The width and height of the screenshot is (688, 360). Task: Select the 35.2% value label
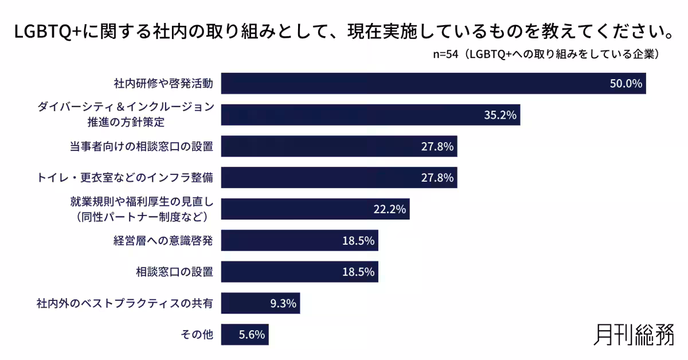pyautogui.click(x=501, y=115)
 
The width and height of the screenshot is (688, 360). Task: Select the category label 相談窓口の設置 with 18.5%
pyautogui.click(x=175, y=272)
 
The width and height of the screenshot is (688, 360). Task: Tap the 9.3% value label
pyautogui.click(x=283, y=303)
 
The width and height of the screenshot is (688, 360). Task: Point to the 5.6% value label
pyautogui.click(x=252, y=335)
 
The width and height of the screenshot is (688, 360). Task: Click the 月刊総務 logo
pyautogui.click(x=634, y=334)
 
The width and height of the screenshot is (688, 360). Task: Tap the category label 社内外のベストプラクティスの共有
pyautogui.click(x=125, y=303)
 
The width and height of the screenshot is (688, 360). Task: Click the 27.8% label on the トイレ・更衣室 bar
pyautogui.click(x=437, y=178)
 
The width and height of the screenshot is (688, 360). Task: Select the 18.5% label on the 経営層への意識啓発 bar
pyautogui.click(x=358, y=241)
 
